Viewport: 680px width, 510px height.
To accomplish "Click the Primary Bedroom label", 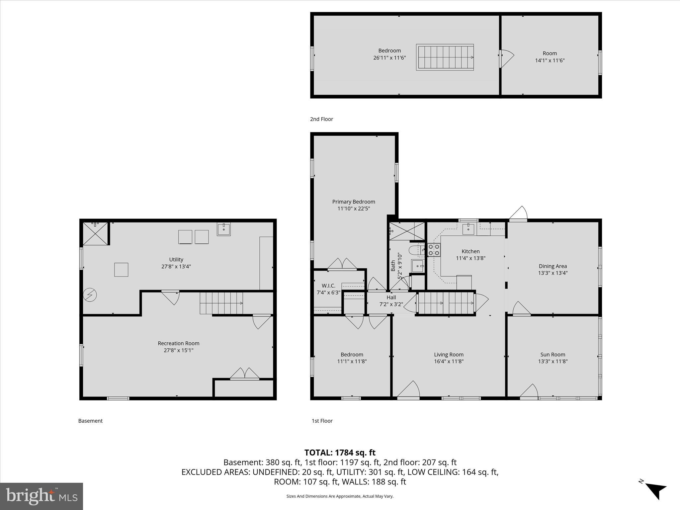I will (353, 202).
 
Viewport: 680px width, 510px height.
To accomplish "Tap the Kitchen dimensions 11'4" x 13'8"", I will (470, 258).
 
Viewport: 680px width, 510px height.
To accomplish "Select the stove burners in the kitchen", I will (434, 250).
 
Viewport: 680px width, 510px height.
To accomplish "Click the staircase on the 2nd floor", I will (445, 57).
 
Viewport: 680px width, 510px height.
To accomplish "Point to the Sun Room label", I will (552, 354).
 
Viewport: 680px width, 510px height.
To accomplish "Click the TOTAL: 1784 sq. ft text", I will (340, 453).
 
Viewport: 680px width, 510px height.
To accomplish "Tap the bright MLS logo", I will (42, 496).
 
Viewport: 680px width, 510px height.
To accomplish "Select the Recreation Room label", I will (178, 343).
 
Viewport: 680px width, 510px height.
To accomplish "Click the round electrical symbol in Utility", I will (90, 295).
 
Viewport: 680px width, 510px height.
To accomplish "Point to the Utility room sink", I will (224, 229).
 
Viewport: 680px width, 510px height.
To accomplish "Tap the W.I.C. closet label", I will (328, 286).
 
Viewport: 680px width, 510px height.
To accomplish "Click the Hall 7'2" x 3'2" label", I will (391, 300).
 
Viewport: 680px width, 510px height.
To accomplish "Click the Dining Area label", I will (552, 266).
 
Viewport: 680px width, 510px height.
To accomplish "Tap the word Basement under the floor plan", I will (90, 421).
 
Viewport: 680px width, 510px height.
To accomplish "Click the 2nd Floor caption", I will (321, 119).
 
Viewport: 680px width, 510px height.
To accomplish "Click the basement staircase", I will (221, 303).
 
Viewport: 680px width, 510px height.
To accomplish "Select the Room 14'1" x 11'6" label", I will (550, 57).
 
